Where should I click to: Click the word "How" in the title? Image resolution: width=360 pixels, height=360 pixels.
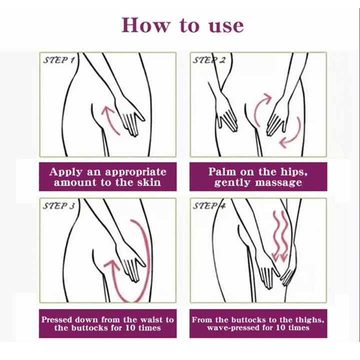coord(146,25)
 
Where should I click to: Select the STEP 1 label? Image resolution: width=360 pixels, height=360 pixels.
coord(59,60)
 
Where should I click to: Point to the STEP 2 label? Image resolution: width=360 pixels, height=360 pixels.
coord(209,60)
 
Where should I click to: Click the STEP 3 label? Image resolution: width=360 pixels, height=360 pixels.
coord(59,205)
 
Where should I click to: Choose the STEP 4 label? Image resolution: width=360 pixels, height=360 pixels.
coord(209,205)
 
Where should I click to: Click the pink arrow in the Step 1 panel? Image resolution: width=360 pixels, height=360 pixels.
coord(110,120)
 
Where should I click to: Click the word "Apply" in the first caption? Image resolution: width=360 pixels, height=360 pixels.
coord(65,172)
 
